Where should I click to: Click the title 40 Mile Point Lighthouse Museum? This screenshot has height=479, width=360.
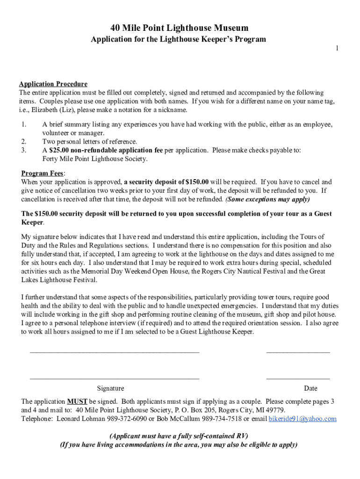pos(180,28)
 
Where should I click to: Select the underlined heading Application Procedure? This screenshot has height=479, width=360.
pos(53,84)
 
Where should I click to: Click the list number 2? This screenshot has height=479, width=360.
pos(23,142)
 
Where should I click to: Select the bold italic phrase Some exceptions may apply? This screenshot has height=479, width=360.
pos(267,199)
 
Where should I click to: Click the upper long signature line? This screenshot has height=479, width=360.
pos(115,351)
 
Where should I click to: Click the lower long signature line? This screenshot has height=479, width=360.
pos(115,377)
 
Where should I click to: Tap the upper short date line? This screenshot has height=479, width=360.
pos(298,351)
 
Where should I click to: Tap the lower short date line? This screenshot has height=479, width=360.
pos(298,377)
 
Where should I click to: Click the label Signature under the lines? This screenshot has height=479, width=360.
pos(110,388)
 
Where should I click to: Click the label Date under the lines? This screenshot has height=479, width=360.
pos(310,388)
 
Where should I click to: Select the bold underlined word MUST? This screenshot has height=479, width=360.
pos(77,402)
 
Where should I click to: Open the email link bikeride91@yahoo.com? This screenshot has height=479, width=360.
pos(302,419)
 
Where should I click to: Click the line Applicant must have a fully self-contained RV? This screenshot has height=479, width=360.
pos(179,436)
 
